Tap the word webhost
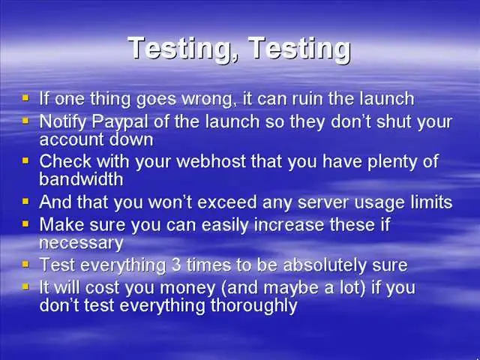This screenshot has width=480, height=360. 211,161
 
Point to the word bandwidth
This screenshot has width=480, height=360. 81,178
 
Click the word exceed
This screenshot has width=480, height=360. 226,202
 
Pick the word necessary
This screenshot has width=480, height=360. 82,244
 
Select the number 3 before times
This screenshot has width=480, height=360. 176,265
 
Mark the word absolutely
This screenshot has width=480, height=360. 325,265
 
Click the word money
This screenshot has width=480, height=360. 187,289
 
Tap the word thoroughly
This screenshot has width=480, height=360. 253,306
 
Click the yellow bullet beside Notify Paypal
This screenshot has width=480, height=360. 25,121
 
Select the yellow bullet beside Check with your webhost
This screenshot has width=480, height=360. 25,160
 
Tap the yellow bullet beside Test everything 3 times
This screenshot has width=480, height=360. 25,264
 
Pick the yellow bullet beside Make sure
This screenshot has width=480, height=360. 25,223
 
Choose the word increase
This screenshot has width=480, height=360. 289,225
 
